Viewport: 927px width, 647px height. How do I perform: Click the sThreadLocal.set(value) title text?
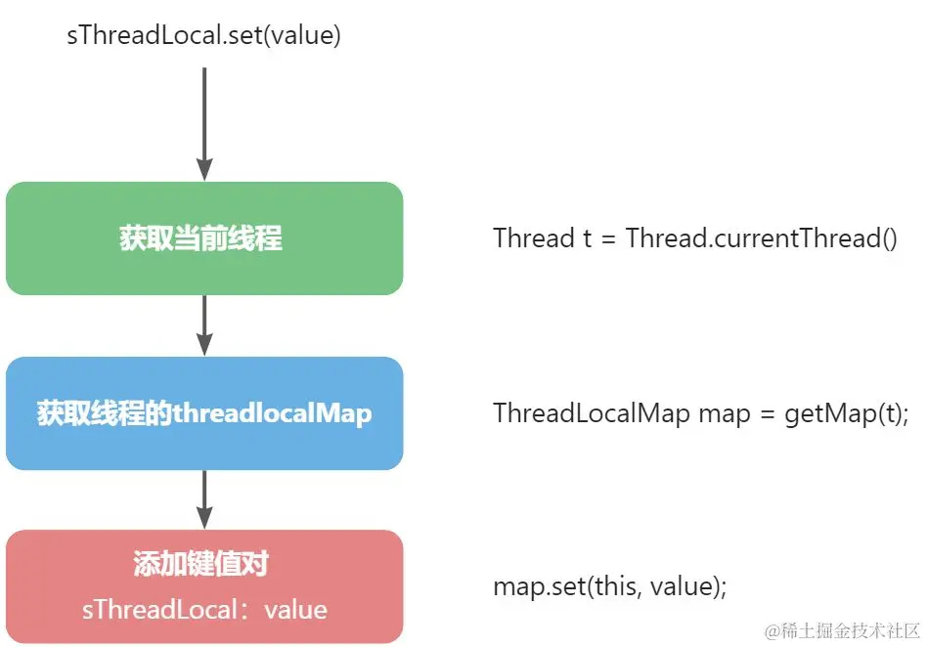(202, 35)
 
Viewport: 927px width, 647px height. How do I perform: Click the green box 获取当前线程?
(203, 238)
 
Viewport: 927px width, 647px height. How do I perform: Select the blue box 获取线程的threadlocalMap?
(203, 413)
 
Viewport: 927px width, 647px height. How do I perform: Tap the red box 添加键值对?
(203, 586)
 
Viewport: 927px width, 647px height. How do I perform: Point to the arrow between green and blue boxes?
(203, 325)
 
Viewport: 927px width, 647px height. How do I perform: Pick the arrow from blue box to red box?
(203, 499)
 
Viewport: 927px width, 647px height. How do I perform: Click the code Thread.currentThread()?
(761, 238)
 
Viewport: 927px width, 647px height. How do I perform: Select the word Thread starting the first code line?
(534, 238)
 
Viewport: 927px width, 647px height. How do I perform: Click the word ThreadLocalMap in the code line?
(592, 413)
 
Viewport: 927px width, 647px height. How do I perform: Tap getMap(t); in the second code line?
(847, 413)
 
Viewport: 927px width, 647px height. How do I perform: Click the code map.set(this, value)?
(610, 587)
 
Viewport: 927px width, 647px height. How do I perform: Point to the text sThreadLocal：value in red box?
(203, 610)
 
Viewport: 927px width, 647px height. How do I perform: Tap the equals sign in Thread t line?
(608, 239)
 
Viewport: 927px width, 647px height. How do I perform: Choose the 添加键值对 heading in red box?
(201, 564)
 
